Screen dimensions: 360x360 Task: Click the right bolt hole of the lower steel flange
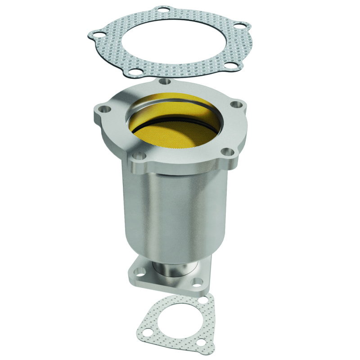tap(197, 283)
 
